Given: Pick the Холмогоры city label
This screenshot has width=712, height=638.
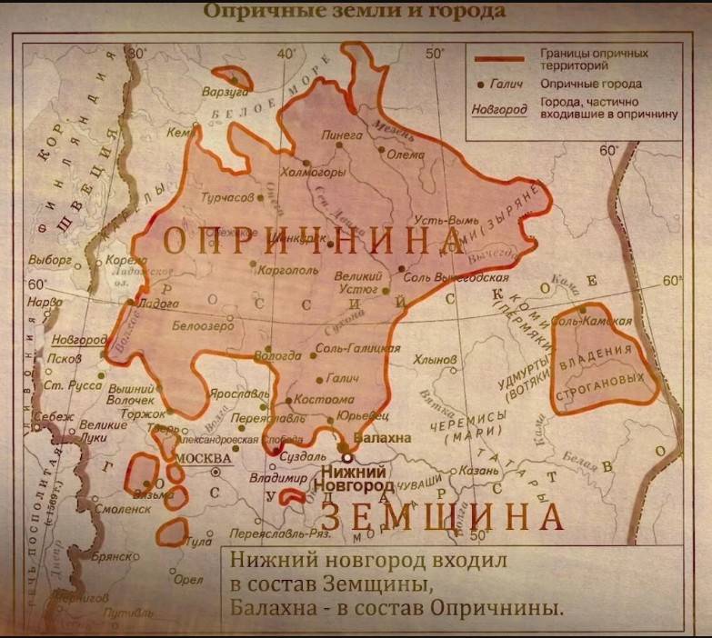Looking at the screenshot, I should click(x=314, y=171).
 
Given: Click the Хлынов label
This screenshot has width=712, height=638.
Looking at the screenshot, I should click(x=434, y=360).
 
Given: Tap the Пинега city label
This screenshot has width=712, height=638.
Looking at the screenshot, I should click(x=342, y=135).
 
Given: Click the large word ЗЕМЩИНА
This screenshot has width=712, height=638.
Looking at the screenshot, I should click(x=443, y=516).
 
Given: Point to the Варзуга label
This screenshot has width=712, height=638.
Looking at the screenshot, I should click(x=225, y=92).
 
